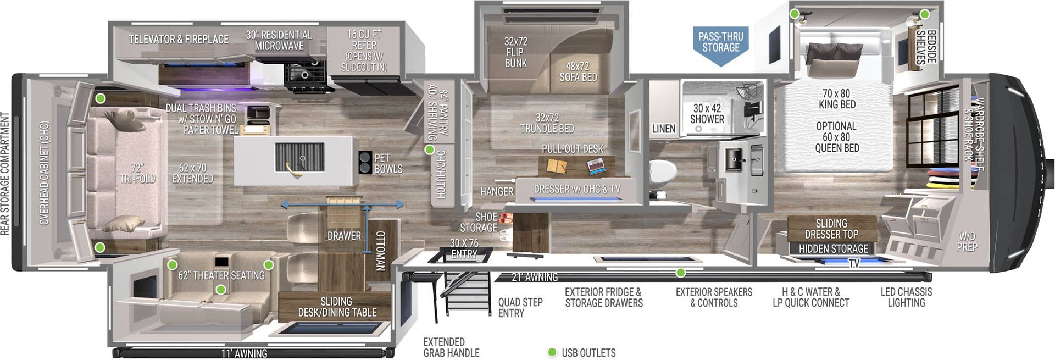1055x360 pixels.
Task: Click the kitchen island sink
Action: tap(299, 159)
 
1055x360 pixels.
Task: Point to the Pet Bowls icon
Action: tap(365, 163)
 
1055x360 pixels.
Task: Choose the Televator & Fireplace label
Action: tap(179, 39)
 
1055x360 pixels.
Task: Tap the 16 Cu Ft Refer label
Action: tap(364, 50)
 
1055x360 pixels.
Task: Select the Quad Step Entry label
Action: tap(520, 307)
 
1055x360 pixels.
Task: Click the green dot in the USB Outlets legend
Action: tap(552, 352)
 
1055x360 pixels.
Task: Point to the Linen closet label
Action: tap(663, 129)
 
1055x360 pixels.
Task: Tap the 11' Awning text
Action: tap(244, 353)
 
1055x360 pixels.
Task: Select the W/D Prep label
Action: tap(967, 241)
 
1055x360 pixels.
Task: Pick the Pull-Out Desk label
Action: tap(572, 149)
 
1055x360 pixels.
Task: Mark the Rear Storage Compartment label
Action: tap(5, 174)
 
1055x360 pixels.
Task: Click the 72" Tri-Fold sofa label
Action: tap(137, 173)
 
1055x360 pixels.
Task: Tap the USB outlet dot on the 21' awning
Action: tap(680, 273)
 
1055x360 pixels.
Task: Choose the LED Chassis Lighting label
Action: tap(906, 297)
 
